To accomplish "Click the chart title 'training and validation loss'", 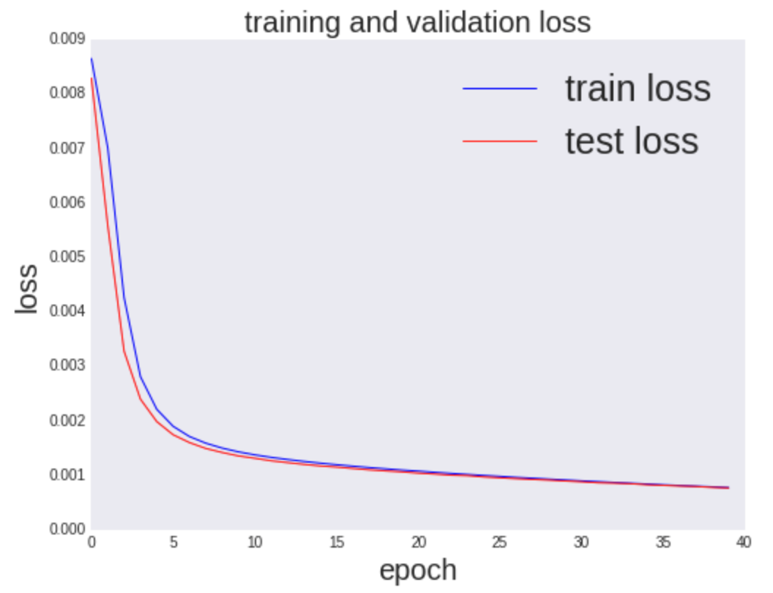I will point(417,22).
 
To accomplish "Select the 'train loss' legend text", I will point(638,89).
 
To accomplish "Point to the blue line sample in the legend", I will point(500,89).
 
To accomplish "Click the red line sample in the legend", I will point(500,141).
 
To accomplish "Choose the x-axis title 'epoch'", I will point(417,570).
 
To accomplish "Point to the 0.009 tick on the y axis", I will point(66,40).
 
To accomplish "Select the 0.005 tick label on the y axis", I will point(66,257).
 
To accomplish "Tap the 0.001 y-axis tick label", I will point(66,475).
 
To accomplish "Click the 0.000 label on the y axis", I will point(66,529).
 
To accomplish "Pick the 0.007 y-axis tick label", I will point(66,149).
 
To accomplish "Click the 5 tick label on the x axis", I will point(173,542).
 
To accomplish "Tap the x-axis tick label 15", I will point(337,542).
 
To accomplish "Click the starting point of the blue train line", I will point(92,58).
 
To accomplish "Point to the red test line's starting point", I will point(92,78).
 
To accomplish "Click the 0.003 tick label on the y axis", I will point(66,365).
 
